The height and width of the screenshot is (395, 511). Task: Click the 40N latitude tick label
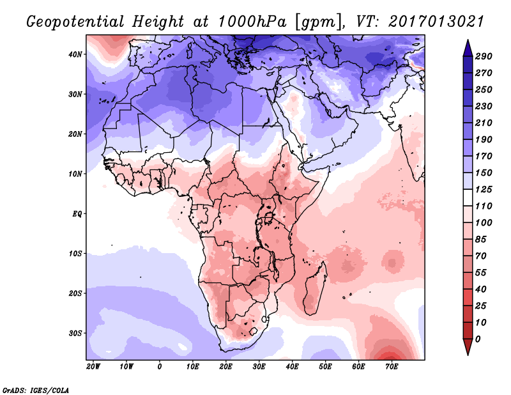pos(76,54)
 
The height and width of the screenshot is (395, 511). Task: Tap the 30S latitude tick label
pos(76,333)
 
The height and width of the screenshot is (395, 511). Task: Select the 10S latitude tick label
pos(76,254)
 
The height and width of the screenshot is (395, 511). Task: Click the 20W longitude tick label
pos(93,367)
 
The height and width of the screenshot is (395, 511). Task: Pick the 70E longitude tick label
pos(392,367)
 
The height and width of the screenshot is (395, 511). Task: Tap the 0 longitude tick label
pos(159,367)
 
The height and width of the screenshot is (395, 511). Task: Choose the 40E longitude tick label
pos(292,367)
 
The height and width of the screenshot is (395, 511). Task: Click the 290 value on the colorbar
pos(484,57)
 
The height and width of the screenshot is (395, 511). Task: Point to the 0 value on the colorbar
pos(478,338)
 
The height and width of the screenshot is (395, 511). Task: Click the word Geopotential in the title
pos(71,21)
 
